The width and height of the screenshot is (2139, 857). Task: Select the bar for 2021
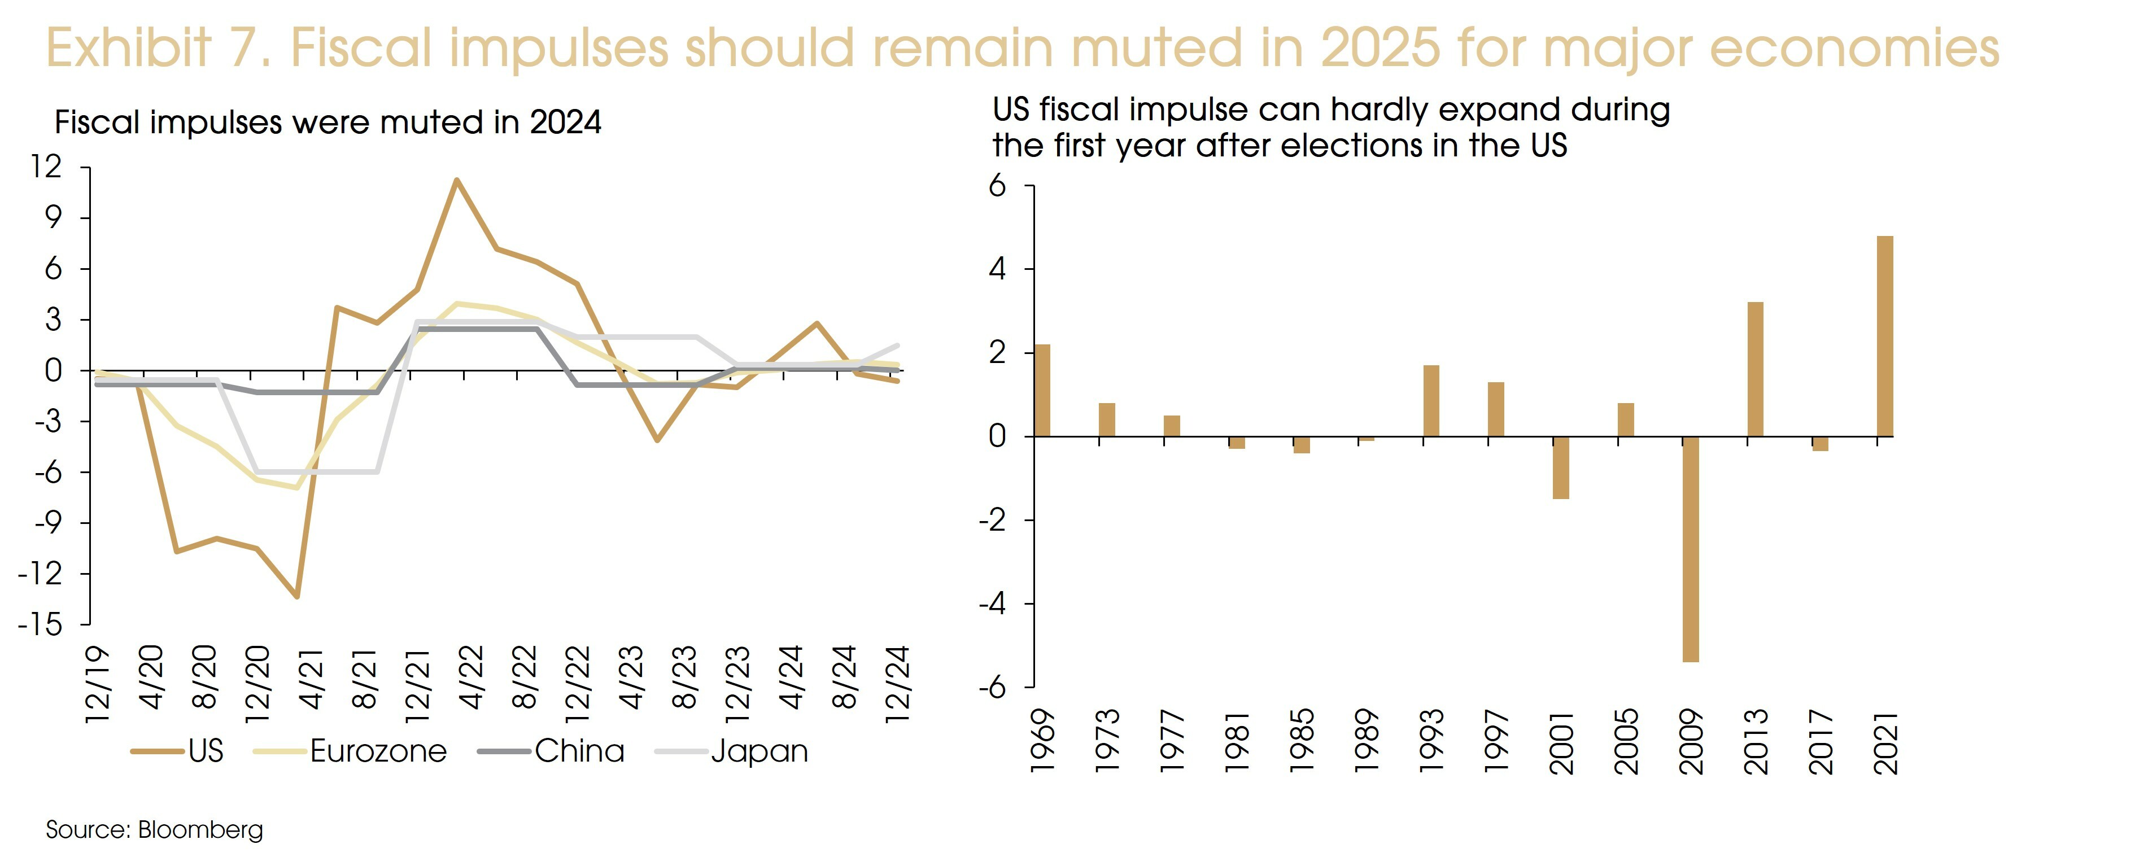point(1885,336)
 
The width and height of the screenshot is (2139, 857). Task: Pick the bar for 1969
point(1042,390)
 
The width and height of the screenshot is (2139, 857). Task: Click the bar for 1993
point(1431,401)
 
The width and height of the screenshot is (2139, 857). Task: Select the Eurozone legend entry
point(378,751)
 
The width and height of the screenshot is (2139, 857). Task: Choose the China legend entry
point(579,751)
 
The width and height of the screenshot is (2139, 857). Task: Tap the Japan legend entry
point(759,751)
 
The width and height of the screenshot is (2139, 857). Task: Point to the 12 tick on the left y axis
point(46,167)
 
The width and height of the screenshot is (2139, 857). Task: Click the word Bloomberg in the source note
point(200,829)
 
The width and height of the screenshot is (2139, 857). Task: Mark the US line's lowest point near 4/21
point(296,596)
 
